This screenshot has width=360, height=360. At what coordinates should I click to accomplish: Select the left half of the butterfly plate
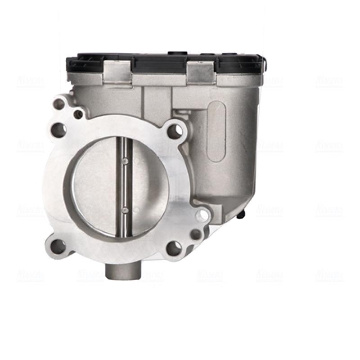[x=94, y=184]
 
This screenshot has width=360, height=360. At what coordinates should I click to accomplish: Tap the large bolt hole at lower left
[x=58, y=246]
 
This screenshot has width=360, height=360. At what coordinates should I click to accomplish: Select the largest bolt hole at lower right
[x=174, y=247]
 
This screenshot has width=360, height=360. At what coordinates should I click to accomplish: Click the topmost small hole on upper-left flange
[x=59, y=104]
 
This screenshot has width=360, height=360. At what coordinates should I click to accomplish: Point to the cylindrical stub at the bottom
[x=123, y=270]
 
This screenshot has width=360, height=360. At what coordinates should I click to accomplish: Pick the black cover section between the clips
[x=160, y=64]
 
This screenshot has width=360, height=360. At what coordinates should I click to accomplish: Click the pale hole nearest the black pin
[x=203, y=215]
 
